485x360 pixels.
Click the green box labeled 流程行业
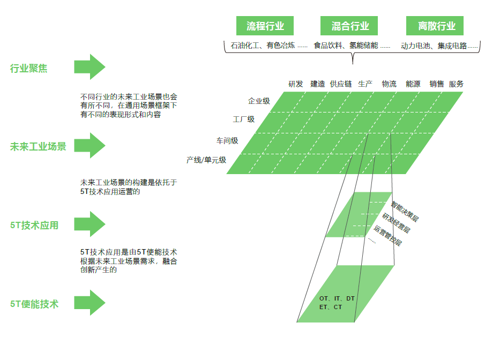pyautogui.click(x=265, y=26)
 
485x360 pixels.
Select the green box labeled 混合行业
pyautogui.click(x=350, y=26)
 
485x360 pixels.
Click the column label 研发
pyautogui.click(x=296, y=84)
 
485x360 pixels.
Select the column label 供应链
pyautogui.click(x=341, y=84)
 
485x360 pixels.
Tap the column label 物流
pyautogui.click(x=389, y=84)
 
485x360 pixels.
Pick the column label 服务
pyautogui.click(x=456, y=84)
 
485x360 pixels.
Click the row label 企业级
pyautogui.click(x=259, y=101)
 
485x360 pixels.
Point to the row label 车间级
pyautogui.click(x=227, y=141)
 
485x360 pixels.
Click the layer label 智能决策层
pyautogui.click(x=405, y=211)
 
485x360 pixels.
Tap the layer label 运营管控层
pyautogui.click(x=387, y=235)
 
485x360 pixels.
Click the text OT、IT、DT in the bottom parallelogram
pyautogui.click(x=337, y=298)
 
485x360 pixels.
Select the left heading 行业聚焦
pyautogui.click(x=29, y=69)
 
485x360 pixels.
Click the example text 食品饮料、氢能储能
pyautogui.click(x=346, y=46)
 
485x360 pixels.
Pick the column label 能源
pyautogui.click(x=413, y=84)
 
